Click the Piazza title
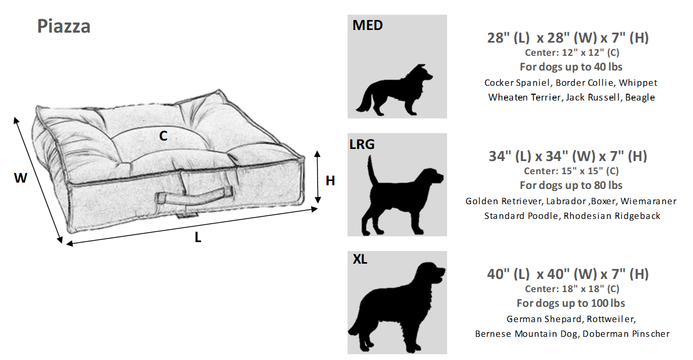(64, 26)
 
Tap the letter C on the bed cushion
(163, 136)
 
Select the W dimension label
(21, 178)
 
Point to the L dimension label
(197, 237)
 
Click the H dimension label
(330, 181)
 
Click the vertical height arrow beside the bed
(318, 177)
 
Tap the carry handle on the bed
(194, 196)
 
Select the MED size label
(368, 25)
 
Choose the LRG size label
(362, 144)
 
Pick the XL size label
(360, 259)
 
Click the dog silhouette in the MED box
(394, 91)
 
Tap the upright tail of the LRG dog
(372, 169)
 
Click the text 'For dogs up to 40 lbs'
(571, 67)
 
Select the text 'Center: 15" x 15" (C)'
(571, 171)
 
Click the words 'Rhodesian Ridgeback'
(611, 216)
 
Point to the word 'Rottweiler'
(611, 319)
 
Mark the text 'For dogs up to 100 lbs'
(571, 303)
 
